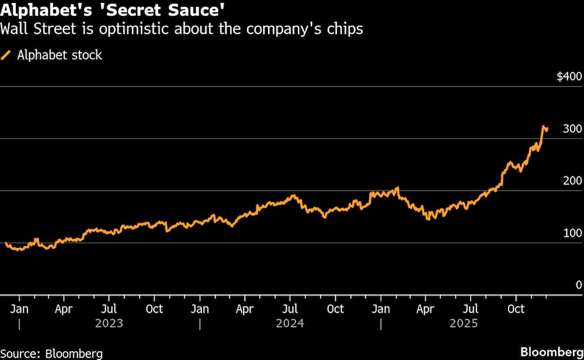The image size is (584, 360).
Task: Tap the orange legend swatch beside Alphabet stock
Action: coord(7,56)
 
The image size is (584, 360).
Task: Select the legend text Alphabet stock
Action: coord(60,56)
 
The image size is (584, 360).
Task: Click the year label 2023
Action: coord(109,323)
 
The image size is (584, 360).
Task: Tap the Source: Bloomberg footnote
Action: coord(51,353)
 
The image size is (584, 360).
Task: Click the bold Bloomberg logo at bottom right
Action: coord(550,353)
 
